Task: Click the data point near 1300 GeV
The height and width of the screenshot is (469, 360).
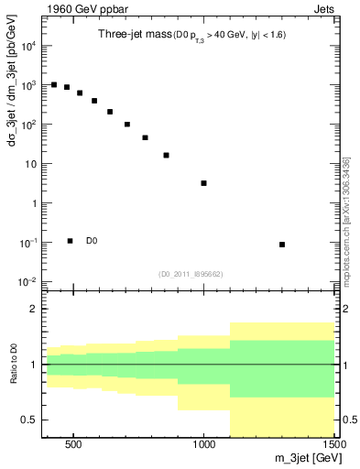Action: pos(282,245)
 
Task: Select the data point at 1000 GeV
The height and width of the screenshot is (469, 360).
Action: pos(203,183)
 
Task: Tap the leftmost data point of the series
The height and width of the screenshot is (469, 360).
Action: pos(54,84)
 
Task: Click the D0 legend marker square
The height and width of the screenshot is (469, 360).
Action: pos(71,241)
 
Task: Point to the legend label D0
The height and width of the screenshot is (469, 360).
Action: pos(92,242)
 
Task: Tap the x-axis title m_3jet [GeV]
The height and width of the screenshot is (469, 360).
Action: pos(301,459)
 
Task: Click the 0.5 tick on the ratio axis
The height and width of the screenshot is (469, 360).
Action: pos(28,420)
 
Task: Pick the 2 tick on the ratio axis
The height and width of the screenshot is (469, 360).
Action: pos(32,309)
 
